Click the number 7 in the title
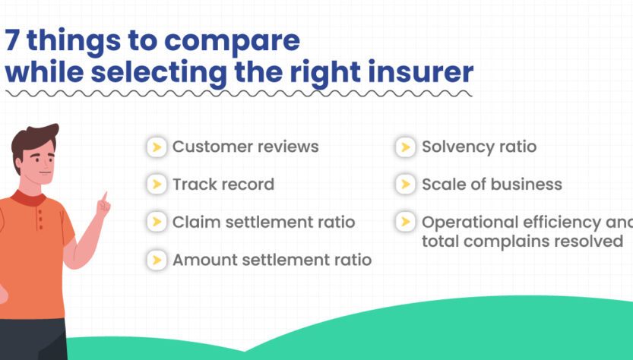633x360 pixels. (12, 40)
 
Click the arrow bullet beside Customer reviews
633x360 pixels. (157, 147)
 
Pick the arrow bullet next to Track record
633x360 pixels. (157, 185)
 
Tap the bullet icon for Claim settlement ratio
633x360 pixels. (157, 222)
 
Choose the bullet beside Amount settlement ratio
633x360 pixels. (157, 260)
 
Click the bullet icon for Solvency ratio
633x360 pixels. (406, 147)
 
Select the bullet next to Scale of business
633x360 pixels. (406, 185)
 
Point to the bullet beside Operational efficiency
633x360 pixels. (406, 222)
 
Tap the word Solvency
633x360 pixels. (457, 147)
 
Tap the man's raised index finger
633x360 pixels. (105, 197)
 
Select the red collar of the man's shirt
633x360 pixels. (29, 197)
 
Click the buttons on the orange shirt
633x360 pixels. (40, 219)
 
